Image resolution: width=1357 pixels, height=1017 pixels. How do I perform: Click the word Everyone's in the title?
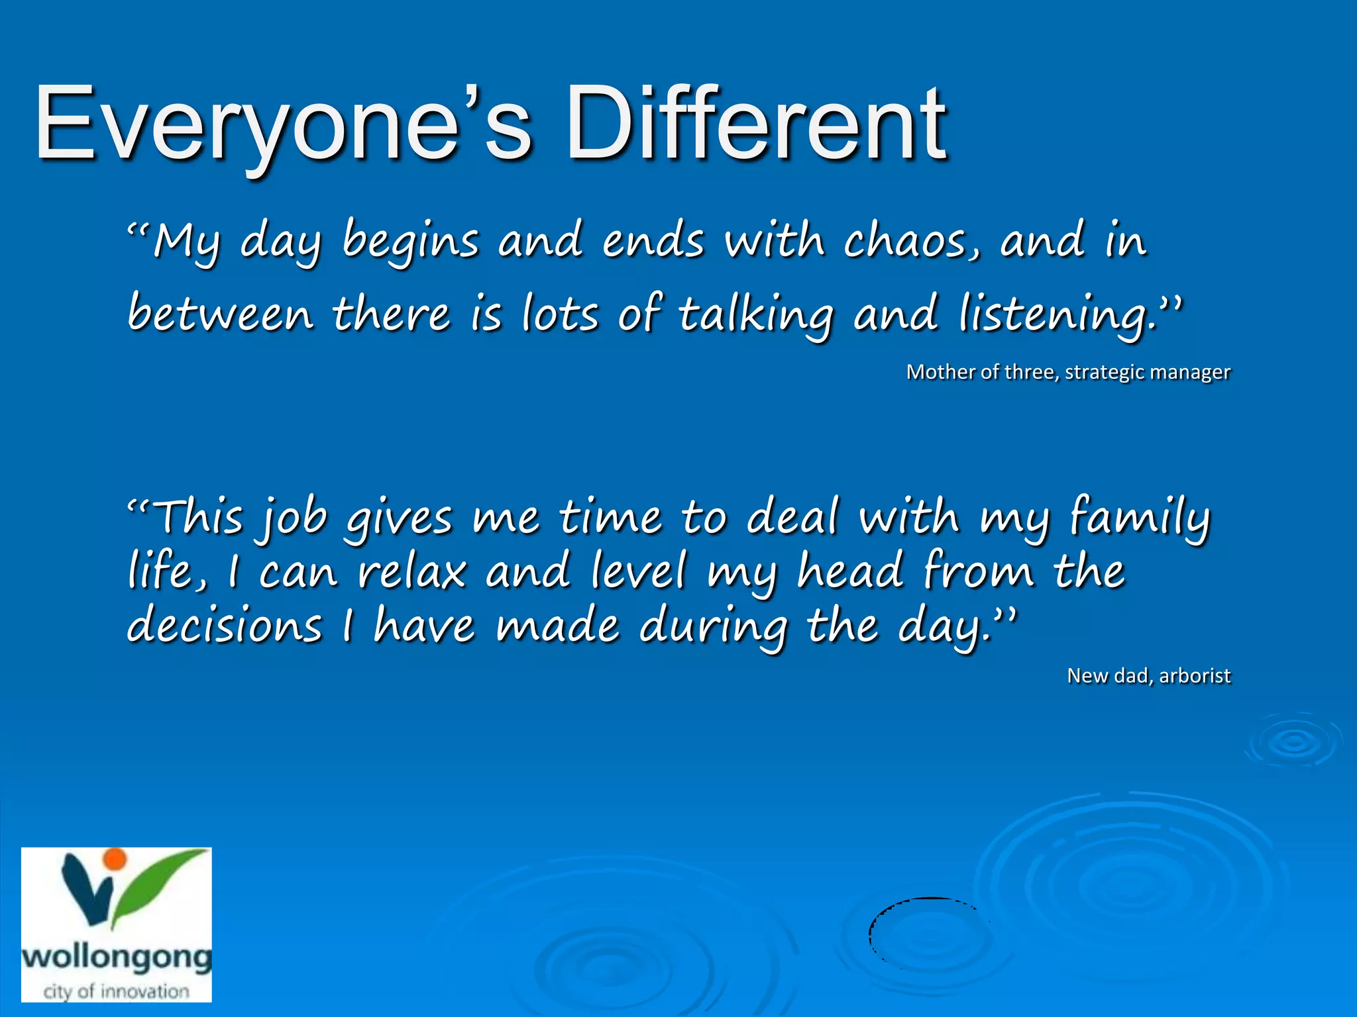tap(282, 126)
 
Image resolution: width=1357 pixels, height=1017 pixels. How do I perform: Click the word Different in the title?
tap(755, 126)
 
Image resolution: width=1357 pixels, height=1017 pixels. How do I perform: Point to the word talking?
tap(755, 315)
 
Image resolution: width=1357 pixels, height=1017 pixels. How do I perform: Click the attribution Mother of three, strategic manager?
tap(1067, 372)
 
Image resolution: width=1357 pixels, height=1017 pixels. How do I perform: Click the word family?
tap(1140, 518)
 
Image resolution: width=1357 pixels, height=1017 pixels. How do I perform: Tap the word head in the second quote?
tap(850, 571)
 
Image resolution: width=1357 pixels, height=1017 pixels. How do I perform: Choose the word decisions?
tap(224, 626)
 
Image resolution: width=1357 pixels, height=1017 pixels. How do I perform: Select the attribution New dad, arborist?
tap(1148, 676)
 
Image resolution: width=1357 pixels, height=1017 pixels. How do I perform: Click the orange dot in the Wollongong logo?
tap(115, 859)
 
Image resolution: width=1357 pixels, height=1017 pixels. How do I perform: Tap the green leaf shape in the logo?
tap(159, 877)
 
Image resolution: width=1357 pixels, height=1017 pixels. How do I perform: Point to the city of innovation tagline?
tap(117, 991)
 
